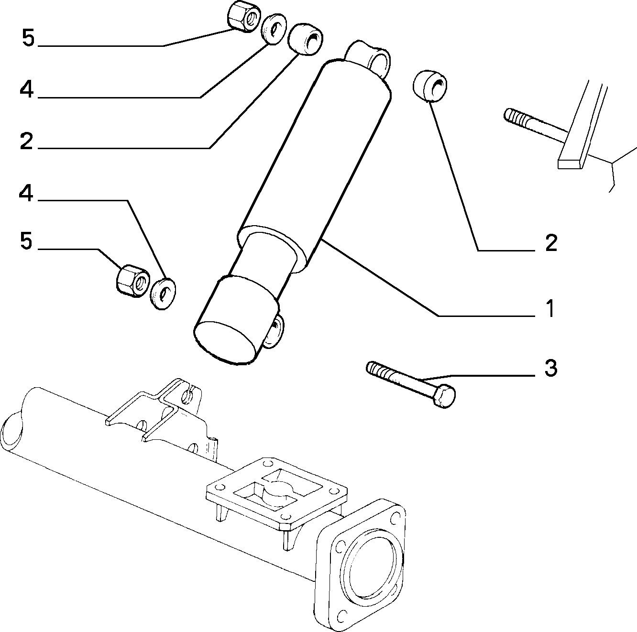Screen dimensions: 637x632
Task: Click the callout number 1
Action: [550, 308]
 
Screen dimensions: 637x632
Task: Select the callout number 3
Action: [550, 368]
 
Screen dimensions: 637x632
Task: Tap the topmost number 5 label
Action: [28, 38]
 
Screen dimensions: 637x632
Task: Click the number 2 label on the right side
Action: [551, 243]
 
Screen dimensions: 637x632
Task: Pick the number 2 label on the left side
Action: [26, 141]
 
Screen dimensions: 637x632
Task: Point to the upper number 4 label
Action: [26, 89]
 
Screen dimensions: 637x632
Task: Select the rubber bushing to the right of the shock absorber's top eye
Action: [430, 85]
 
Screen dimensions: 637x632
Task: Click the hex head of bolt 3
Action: [445, 396]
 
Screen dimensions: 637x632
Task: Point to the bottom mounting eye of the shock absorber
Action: [273, 330]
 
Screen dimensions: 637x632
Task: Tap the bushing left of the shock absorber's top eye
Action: [306, 39]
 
